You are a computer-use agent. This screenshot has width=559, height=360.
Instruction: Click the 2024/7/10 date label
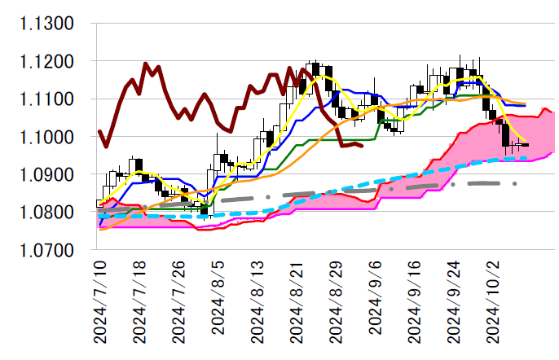click(99, 301)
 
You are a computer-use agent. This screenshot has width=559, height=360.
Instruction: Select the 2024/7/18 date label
click(139, 301)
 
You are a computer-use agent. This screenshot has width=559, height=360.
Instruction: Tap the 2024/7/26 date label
click(179, 301)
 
